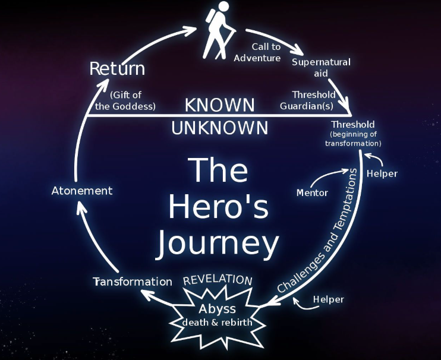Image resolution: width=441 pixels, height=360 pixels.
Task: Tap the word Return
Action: [117, 68]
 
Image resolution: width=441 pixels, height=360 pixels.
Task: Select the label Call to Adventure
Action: [257, 52]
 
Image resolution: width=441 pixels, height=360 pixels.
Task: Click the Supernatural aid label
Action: [321, 67]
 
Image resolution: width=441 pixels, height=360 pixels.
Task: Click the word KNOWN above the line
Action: [219, 106]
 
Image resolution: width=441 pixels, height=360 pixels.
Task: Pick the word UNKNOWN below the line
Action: [219, 128]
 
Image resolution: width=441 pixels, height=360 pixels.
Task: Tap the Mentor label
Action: [312, 192]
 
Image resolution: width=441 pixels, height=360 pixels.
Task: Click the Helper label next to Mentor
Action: [382, 173]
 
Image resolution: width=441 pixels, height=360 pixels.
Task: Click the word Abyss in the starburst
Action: [217, 309]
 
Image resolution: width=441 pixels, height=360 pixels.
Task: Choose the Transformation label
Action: [133, 282]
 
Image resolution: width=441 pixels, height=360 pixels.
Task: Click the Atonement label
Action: [82, 191]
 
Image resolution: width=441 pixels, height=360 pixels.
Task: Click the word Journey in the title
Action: [217, 244]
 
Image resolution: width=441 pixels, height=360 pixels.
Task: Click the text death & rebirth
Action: [218, 323]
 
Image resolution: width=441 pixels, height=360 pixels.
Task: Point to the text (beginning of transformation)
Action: [353, 139]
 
